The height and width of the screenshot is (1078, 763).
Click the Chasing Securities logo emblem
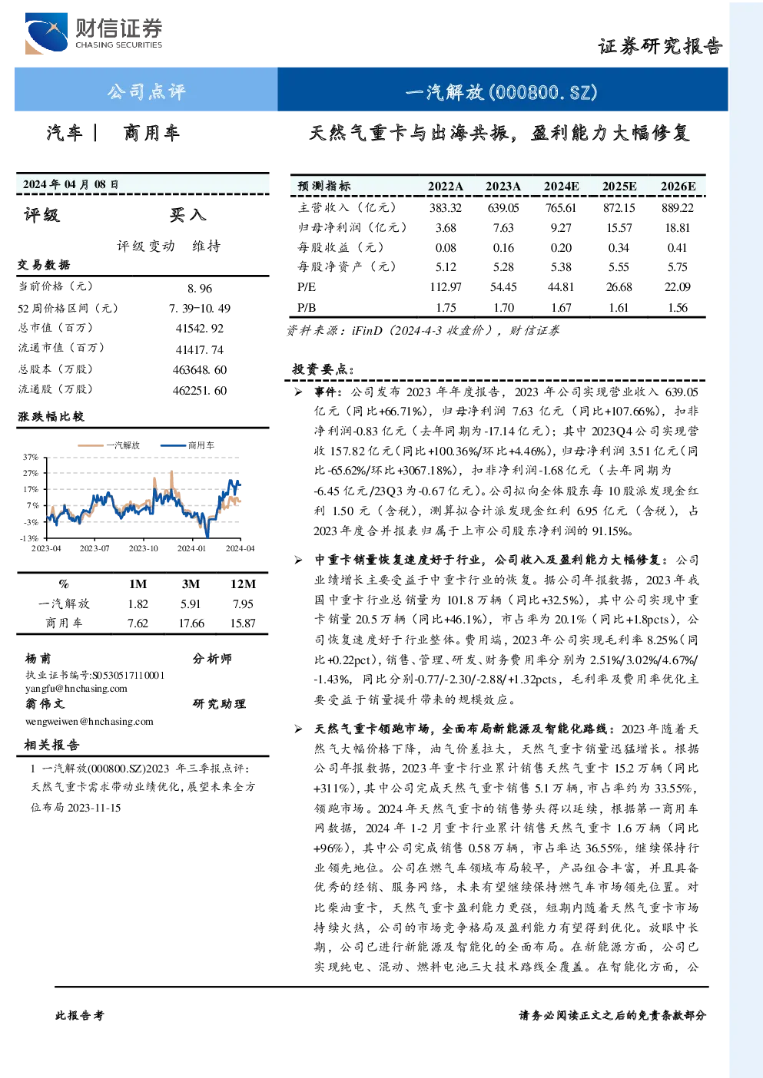46,33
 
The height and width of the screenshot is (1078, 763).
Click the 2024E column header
561,187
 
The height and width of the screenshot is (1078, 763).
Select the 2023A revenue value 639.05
503,208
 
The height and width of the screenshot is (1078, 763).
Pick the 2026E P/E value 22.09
677,287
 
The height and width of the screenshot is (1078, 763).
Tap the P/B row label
307,308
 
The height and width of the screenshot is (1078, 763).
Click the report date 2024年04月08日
71,184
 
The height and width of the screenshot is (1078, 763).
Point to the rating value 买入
187,215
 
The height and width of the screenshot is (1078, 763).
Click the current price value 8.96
200,288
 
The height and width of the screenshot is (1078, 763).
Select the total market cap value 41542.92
200,329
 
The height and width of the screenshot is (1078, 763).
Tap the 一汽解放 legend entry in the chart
109,445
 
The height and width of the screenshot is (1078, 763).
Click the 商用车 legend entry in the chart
187,445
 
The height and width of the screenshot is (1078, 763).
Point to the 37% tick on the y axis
30,457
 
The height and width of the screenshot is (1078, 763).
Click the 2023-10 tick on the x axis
143,548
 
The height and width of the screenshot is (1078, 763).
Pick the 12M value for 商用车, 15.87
243,623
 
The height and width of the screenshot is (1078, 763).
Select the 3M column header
191,584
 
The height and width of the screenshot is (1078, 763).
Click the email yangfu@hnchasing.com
76,689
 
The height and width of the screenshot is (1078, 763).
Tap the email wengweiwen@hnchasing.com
89,722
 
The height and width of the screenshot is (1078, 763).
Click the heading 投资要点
323,369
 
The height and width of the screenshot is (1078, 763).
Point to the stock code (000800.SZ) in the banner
543,92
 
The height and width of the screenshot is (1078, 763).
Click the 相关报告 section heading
51,745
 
